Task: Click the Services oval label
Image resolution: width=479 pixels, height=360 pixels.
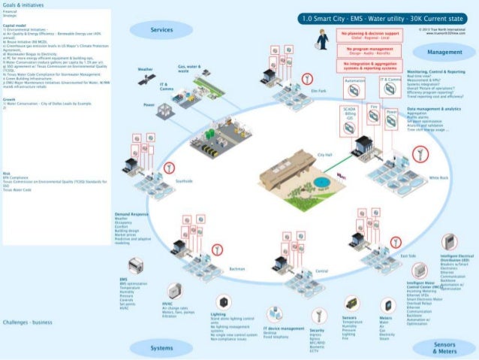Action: pos(161,30)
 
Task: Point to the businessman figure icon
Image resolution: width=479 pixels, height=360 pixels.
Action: pos(322,39)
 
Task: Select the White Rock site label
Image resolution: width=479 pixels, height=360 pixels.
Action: pos(438,177)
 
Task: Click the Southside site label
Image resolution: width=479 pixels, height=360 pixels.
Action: pos(184,181)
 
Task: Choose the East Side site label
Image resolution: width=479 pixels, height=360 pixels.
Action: pos(408,256)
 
